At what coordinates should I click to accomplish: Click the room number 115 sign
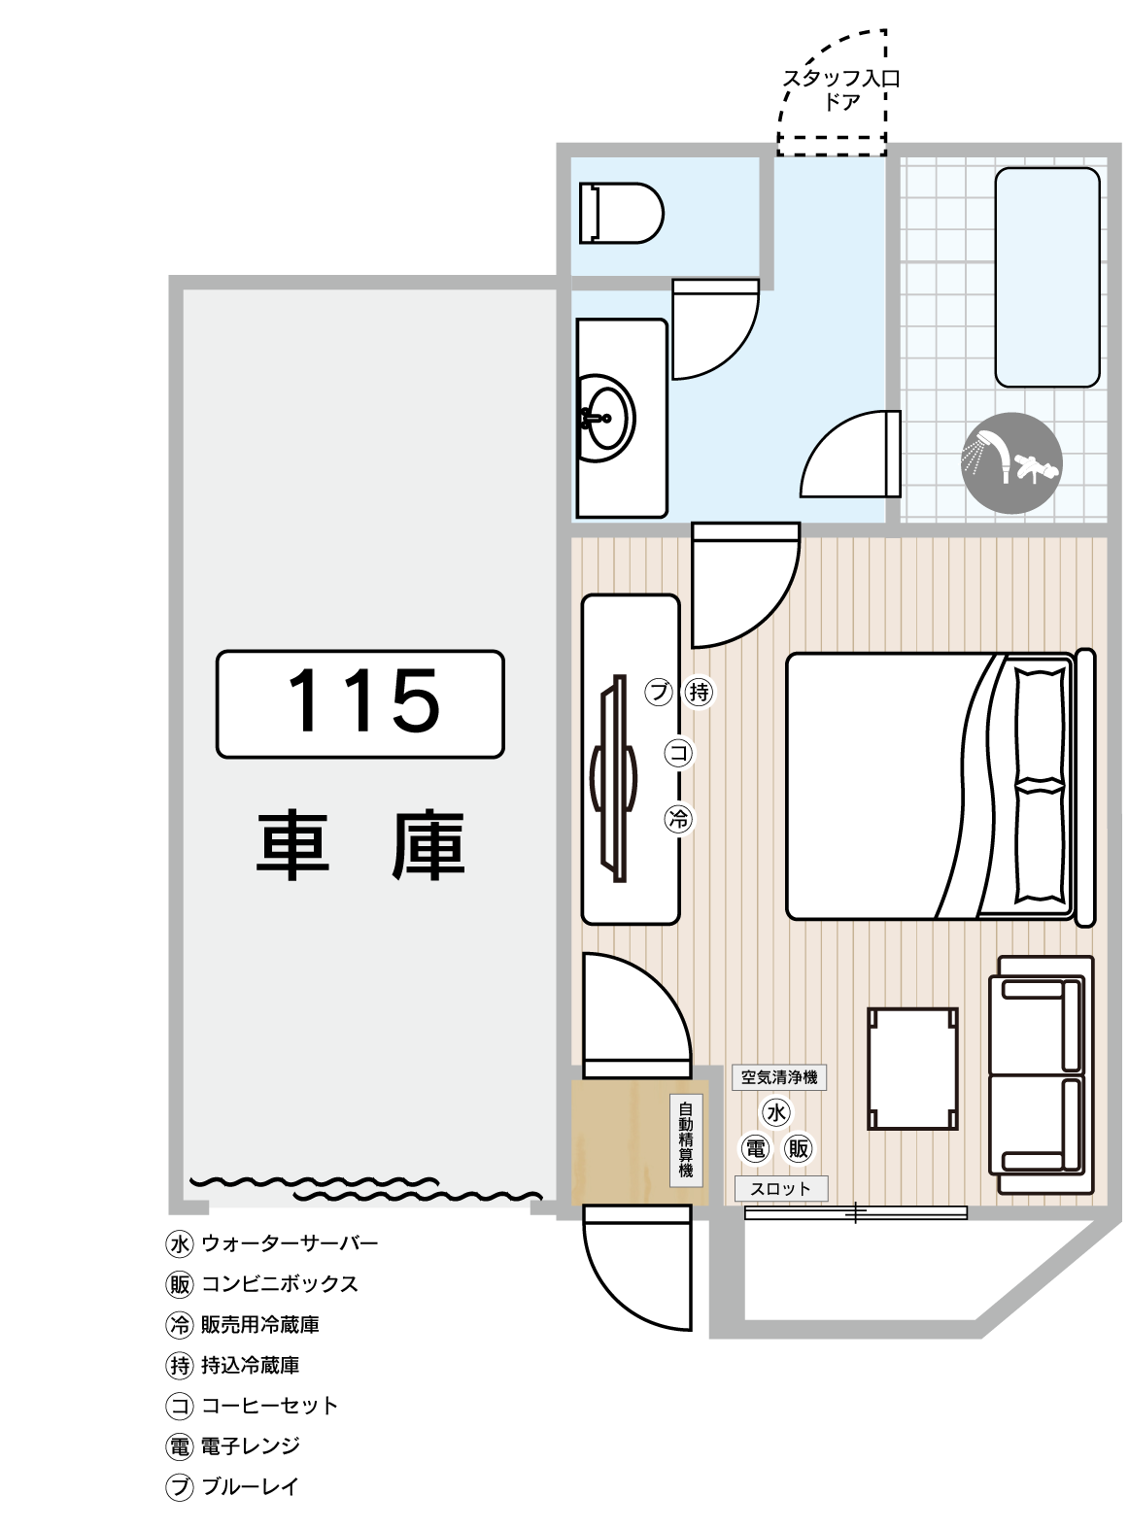(360, 703)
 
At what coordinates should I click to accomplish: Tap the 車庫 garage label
(360, 846)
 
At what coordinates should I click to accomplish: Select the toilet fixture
(621, 213)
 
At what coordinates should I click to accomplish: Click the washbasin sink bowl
(606, 418)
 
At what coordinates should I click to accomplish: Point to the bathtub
(1046, 277)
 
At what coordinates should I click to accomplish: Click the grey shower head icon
(1011, 462)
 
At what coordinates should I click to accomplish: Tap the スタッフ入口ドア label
(841, 89)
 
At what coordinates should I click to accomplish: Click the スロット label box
(780, 1188)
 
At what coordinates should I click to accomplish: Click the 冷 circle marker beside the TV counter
(679, 820)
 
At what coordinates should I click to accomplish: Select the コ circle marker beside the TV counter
(679, 753)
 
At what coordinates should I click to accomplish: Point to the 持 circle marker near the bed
(700, 692)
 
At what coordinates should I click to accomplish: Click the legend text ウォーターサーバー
(290, 1243)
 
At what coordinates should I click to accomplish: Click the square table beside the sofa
(912, 1069)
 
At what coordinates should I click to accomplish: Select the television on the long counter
(614, 778)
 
